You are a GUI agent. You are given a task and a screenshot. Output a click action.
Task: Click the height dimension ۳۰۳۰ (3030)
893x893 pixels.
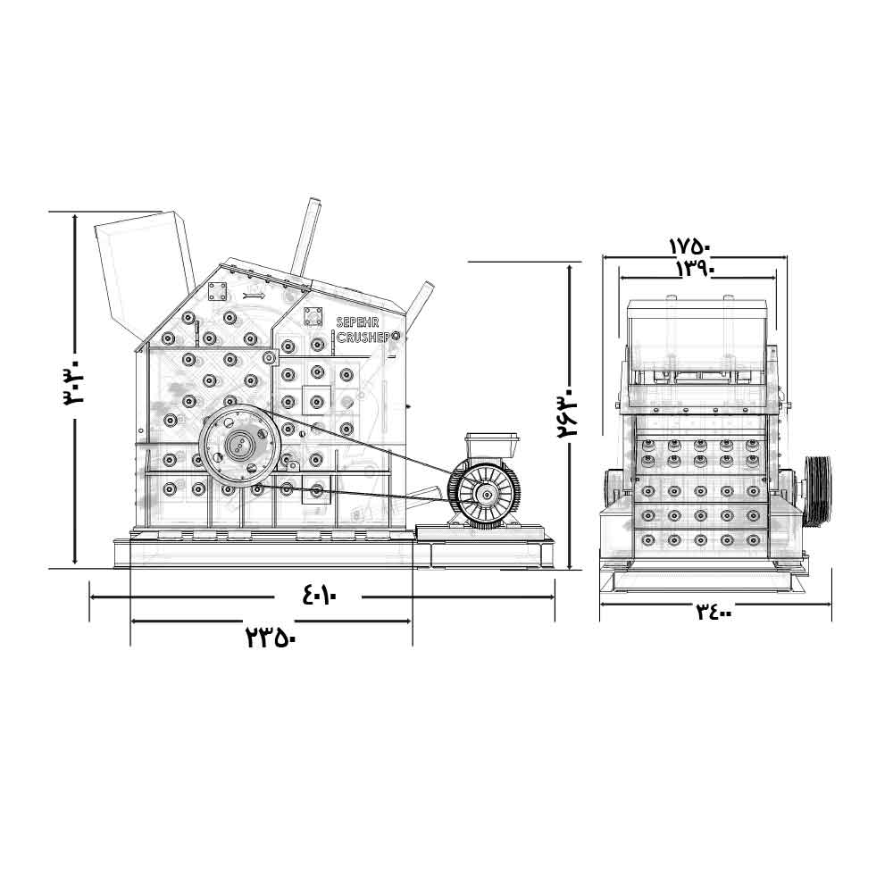(74, 380)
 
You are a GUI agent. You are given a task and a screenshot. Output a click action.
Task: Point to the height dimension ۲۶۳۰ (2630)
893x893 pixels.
(567, 413)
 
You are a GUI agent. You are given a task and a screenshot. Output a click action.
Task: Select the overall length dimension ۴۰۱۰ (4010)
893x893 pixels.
(320, 596)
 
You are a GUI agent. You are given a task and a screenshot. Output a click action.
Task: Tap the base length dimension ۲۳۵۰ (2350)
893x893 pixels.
(271, 637)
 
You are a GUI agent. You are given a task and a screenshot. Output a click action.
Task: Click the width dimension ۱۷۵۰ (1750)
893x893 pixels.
(689, 247)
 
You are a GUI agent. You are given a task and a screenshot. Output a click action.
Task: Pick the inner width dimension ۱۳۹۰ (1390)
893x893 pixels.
(696, 268)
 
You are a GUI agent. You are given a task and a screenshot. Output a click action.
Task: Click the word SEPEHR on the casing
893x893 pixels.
(358, 323)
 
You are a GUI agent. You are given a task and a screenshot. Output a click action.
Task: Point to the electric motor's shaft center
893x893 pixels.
(488, 495)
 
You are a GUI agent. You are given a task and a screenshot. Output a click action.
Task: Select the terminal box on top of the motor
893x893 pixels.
(492, 446)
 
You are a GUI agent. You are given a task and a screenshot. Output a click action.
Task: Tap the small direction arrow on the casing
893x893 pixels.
(254, 296)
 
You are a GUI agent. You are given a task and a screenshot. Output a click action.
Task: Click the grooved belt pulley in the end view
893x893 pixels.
(818, 490)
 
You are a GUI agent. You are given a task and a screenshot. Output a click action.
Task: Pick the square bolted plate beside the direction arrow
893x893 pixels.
(217, 292)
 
